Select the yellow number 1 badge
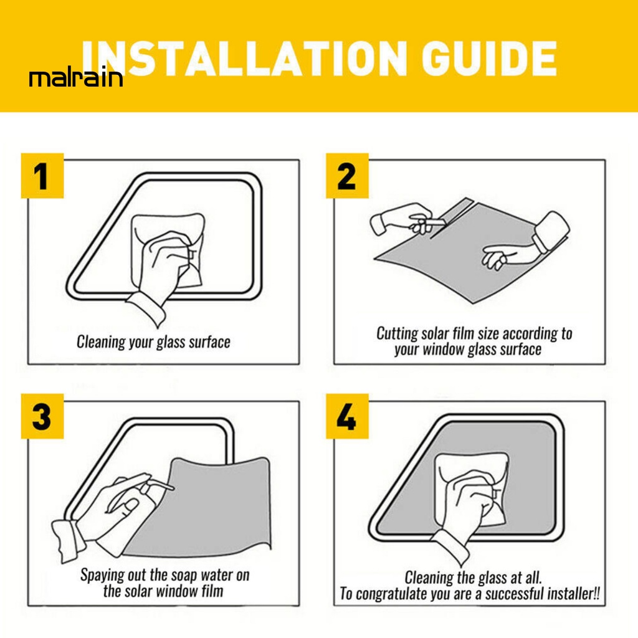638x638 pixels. [42, 176]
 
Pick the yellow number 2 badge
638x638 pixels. [347, 176]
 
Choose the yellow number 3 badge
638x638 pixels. [42, 416]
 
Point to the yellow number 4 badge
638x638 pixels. [347, 416]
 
